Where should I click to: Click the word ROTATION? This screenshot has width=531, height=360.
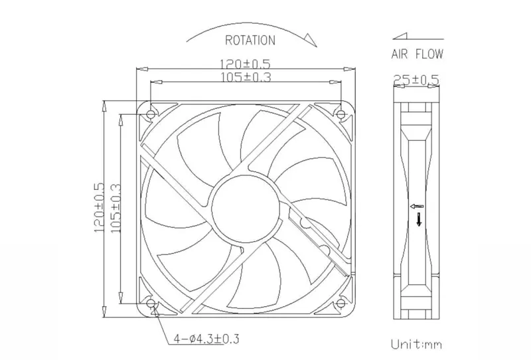(x=250, y=41)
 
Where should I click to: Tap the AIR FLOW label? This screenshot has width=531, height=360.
(x=417, y=54)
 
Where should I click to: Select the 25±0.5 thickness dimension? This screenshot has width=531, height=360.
(x=416, y=80)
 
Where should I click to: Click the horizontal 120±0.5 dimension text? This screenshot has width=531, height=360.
(x=245, y=64)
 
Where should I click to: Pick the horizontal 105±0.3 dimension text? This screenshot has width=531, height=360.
(x=246, y=77)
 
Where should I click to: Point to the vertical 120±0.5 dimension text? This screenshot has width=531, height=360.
(x=99, y=207)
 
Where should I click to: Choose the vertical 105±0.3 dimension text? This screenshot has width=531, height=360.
(x=115, y=208)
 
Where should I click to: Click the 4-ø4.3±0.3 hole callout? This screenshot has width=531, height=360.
(x=206, y=338)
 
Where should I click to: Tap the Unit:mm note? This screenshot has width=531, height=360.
(x=417, y=345)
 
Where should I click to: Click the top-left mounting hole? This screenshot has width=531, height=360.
(x=151, y=115)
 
